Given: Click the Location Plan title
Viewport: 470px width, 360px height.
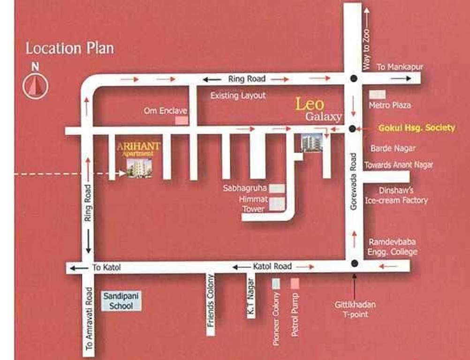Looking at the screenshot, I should (69, 48).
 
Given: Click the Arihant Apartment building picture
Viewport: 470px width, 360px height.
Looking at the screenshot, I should (139, 168).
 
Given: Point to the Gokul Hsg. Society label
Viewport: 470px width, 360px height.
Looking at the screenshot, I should (417, 127).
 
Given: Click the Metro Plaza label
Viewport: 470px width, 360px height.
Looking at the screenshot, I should (389, 105).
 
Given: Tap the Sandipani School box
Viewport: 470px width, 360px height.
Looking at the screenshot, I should (118, 301).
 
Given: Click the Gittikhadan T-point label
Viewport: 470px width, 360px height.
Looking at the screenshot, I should (355, 309).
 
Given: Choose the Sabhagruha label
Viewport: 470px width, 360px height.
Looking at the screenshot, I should (245, 188).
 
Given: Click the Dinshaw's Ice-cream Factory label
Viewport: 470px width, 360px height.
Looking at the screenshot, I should (396, 195).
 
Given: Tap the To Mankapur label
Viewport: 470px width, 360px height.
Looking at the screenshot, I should (400, 67).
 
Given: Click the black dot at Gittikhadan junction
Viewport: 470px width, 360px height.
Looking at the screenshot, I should (354, 263).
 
